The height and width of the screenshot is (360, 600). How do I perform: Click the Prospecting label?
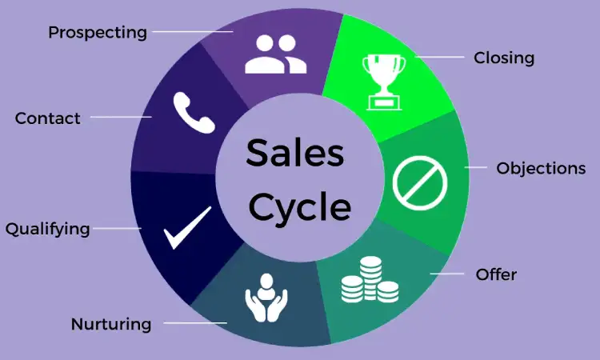[x=98, y=33]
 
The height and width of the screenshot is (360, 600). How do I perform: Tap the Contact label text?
[x=48, y=118]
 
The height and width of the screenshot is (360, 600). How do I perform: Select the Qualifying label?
[x=48, y=229]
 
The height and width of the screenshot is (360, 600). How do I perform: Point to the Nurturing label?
[x=111, y=324]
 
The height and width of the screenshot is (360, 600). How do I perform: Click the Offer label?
[x=496, y=274]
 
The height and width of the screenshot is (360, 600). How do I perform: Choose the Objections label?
[x=541, y=168]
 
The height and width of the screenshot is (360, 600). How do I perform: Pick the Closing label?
[x=504, y=58]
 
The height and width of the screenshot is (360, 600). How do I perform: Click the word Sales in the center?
[x=295, y=153]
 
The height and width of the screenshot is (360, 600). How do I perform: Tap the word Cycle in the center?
[x=300, y=207]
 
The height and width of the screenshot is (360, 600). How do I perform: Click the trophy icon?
[x=384, y=82]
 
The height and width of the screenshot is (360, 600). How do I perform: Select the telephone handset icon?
[x=194, y=113]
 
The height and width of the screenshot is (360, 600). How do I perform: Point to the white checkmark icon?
[x=187, y=228]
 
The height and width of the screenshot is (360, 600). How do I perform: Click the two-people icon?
[x=275, y=54]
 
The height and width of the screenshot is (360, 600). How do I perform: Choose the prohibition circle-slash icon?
[x=420, y=183]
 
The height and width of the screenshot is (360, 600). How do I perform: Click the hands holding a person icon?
[x=266, y=298]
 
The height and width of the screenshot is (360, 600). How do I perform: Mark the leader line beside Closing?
[x=440, y=57]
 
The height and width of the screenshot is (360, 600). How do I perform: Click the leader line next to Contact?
[x=121, y=117]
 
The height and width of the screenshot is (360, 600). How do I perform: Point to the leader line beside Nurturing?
[x=195, y=323]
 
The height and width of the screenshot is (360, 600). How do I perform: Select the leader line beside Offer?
[x=447, y=274]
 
